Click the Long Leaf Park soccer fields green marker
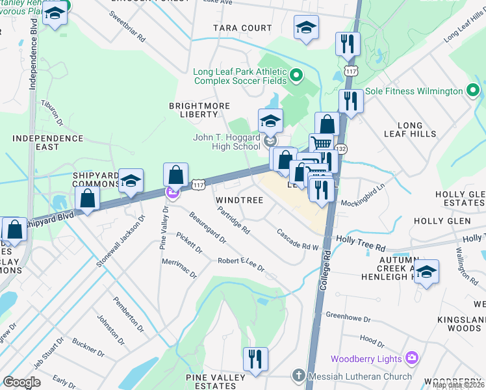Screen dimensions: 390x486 point(296,76)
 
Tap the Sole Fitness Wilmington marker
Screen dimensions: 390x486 point(472,91)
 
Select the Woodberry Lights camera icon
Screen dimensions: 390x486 point(411,358)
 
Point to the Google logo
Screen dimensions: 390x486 point(21,382)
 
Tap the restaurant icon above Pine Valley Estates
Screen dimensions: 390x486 point(255,358)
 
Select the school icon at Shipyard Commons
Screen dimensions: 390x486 point(131,181)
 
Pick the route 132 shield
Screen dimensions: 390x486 point(340,149)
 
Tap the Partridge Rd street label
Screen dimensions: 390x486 point(235,220)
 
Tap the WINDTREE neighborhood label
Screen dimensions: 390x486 point(239,200)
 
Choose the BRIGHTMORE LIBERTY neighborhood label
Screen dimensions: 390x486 point(193,109)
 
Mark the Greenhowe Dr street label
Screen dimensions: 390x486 point(348,318)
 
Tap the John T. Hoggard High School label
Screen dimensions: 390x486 point(227,142)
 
